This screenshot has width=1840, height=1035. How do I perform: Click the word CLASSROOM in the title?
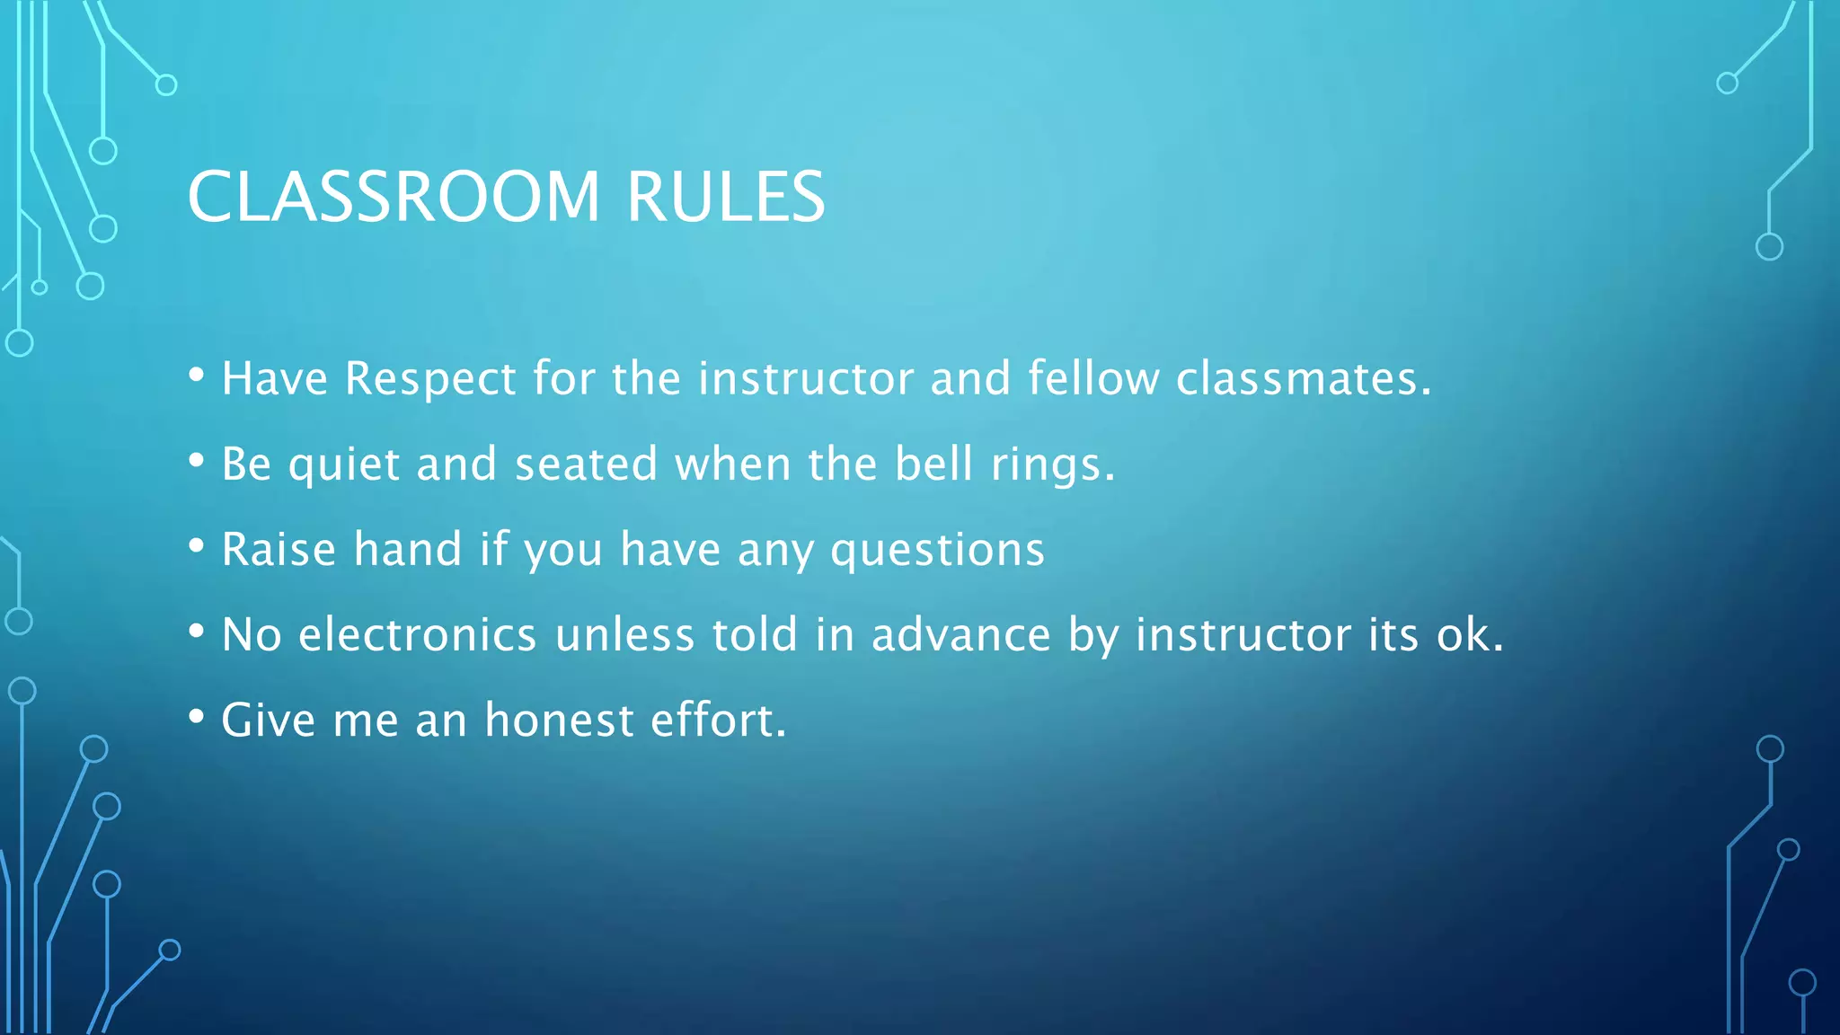coord(393,197)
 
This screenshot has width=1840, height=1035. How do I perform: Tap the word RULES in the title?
coord(725,197)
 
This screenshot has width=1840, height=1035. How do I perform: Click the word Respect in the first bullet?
coord(430,378)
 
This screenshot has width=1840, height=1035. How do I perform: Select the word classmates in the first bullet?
coord(1303,378)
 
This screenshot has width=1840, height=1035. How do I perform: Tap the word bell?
coord(933,464)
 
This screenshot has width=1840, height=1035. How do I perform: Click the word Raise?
coord(279,549)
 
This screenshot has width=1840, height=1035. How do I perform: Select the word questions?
coord(937,551)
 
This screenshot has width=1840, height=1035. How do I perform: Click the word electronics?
coord(418,634)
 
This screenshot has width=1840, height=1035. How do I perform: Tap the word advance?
coord(960,634)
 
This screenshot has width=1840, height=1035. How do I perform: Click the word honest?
coord(559,720)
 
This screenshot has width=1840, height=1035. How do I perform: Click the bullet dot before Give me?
coord(197,717)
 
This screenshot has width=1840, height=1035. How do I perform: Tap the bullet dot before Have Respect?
coord(197,376)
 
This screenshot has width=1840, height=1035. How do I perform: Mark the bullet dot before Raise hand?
coord(197,546)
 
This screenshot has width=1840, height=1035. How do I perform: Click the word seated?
coord(586,464)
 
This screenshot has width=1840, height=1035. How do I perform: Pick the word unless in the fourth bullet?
coord(624,634)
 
